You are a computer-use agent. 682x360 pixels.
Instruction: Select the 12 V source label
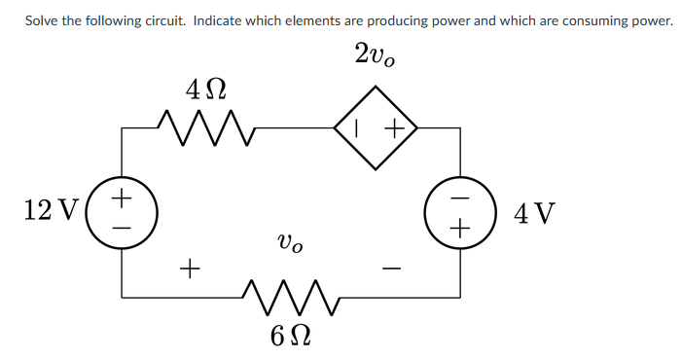(45, 209)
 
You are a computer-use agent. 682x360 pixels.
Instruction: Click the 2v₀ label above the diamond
(375, 55)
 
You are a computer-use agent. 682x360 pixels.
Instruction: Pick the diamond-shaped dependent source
(376, 126)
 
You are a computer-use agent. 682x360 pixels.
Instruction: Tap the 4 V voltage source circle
(459, 211)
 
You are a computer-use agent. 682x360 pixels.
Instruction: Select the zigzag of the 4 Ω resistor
(205, 125)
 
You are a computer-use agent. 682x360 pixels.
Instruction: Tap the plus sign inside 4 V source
(460, 228)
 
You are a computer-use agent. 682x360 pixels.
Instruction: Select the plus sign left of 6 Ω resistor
(191, 264)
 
